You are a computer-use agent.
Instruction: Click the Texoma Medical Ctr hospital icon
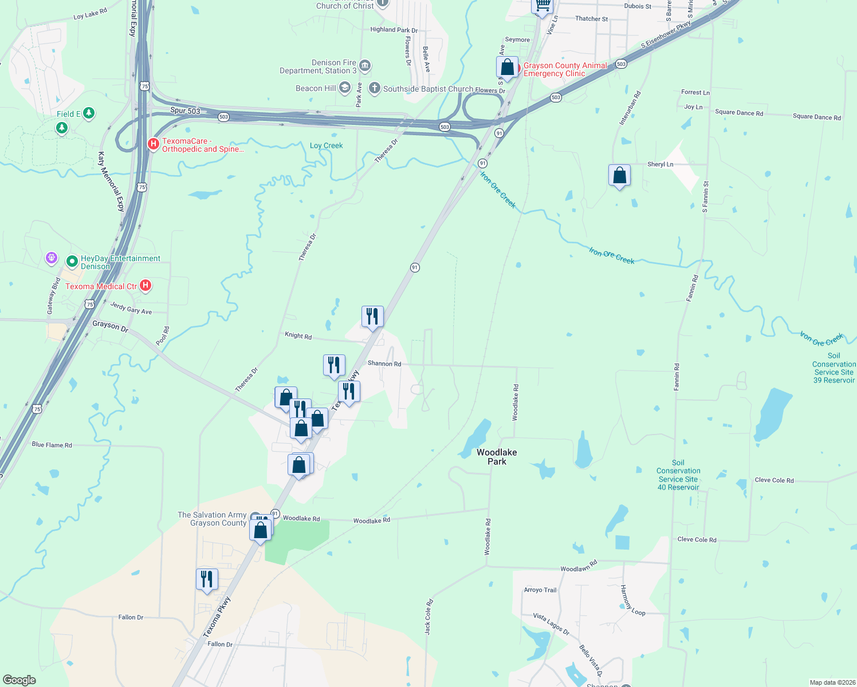pyautogui.click(x=146, y=286)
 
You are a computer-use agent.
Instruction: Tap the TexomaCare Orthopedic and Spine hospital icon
pyautogui.click(x=153, y=144)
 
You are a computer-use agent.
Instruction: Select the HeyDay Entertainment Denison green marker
pyautogui.click(x=72, y=262)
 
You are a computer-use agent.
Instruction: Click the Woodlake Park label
pyautogui.click(x=497, y=457)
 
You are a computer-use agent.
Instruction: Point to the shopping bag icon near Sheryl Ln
pyautogui.click(x=619, y=175)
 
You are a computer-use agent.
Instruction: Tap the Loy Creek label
pyautogui.click(x=326, y=145)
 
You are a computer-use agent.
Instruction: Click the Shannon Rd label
pyautogui.click(x=384, y=364)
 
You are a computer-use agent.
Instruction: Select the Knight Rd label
pyautogui.click(x=298, y=335)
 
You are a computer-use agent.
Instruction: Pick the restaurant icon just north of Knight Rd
pyautogui.click(x=372, y=317)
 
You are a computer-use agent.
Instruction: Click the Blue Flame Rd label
pyautogui.click(x=52, y=445)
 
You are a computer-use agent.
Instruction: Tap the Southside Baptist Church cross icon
pyautogui.click(x=374, y=88)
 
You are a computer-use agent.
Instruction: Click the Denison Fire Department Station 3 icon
pyautogui.click(x=365, y=66)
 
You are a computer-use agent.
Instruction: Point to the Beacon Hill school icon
pyautogui.click(x=344, y=88)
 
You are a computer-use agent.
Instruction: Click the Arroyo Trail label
pyautogui.click(x=540, y=590)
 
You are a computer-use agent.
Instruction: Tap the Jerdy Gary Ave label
pyautogui.click(x=131, y=308)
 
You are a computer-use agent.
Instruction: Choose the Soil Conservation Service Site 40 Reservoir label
pyautogui.click(x=678, y=475)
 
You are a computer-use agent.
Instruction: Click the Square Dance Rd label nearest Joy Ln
pyautogui.click(x=739, y=113)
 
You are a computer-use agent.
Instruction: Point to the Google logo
pyautogui.click(x=19, y=680)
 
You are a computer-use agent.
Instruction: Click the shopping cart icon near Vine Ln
pyautogui.click(x=542, y=6)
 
